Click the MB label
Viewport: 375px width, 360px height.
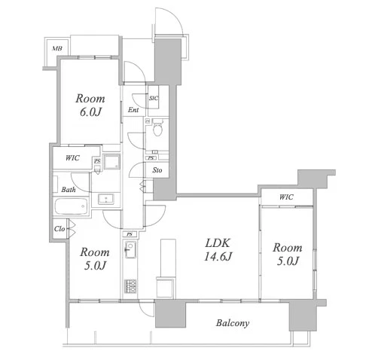57,48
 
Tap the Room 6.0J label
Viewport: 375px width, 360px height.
90,105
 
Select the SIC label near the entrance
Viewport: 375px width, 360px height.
154,98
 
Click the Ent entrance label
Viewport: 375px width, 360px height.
133,110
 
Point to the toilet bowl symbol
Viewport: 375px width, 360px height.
157,128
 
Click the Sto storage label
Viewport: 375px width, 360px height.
157,170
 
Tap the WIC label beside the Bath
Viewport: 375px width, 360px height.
72,158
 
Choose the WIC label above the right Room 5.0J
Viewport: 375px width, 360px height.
286,197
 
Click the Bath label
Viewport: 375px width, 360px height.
69,190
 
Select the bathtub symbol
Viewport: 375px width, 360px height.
72,206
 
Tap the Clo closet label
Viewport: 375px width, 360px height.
59,229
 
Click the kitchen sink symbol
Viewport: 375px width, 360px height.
130,249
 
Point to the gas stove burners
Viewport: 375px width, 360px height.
130,286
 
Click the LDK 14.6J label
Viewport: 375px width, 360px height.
218,250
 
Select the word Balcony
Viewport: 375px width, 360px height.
233,323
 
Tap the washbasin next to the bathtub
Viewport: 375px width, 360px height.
106,199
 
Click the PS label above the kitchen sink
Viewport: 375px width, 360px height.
130,234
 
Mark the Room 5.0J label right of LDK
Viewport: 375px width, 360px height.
288,255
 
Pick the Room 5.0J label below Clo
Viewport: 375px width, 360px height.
95,259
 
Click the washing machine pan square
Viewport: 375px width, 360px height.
112,162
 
